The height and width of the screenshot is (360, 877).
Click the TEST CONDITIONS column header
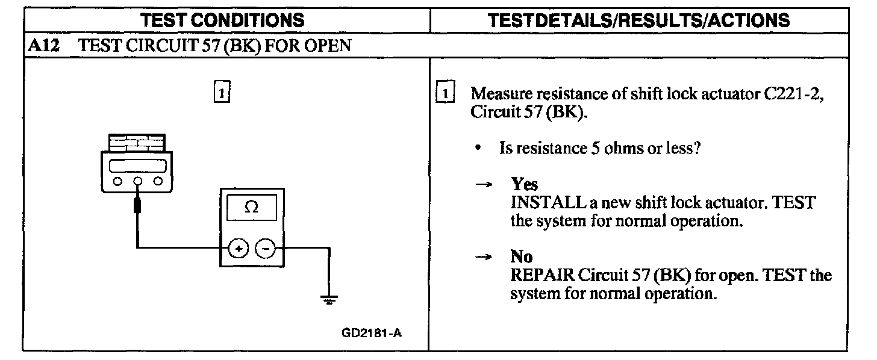pyautogui.click(x=222, y=20)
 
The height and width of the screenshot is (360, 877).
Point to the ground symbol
pyautogui.click(x=329, y=299)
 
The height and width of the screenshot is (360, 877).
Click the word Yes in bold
pyautogui.click(x=524, y=184)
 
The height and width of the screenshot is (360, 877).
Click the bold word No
pyautogui.click(x=521, y=257)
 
